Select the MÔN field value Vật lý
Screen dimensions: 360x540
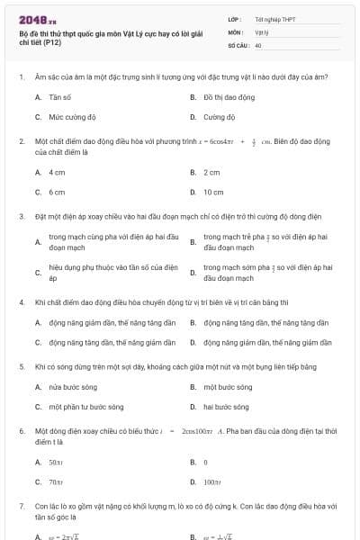[260, 31]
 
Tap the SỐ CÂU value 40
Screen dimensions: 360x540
[258, 44]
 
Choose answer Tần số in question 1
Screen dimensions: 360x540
[60, 95]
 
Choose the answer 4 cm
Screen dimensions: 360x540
[57, 172]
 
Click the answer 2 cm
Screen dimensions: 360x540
[211, 172]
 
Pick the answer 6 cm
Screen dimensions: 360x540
[57, 192]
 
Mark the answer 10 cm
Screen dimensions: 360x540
[213, 192]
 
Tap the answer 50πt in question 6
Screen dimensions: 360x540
[55, 462]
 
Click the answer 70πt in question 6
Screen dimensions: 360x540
[55, 481]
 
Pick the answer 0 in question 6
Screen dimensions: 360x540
[205, 462]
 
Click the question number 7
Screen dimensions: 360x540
[22, 508]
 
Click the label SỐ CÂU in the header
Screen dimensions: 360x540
[238, 44]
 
